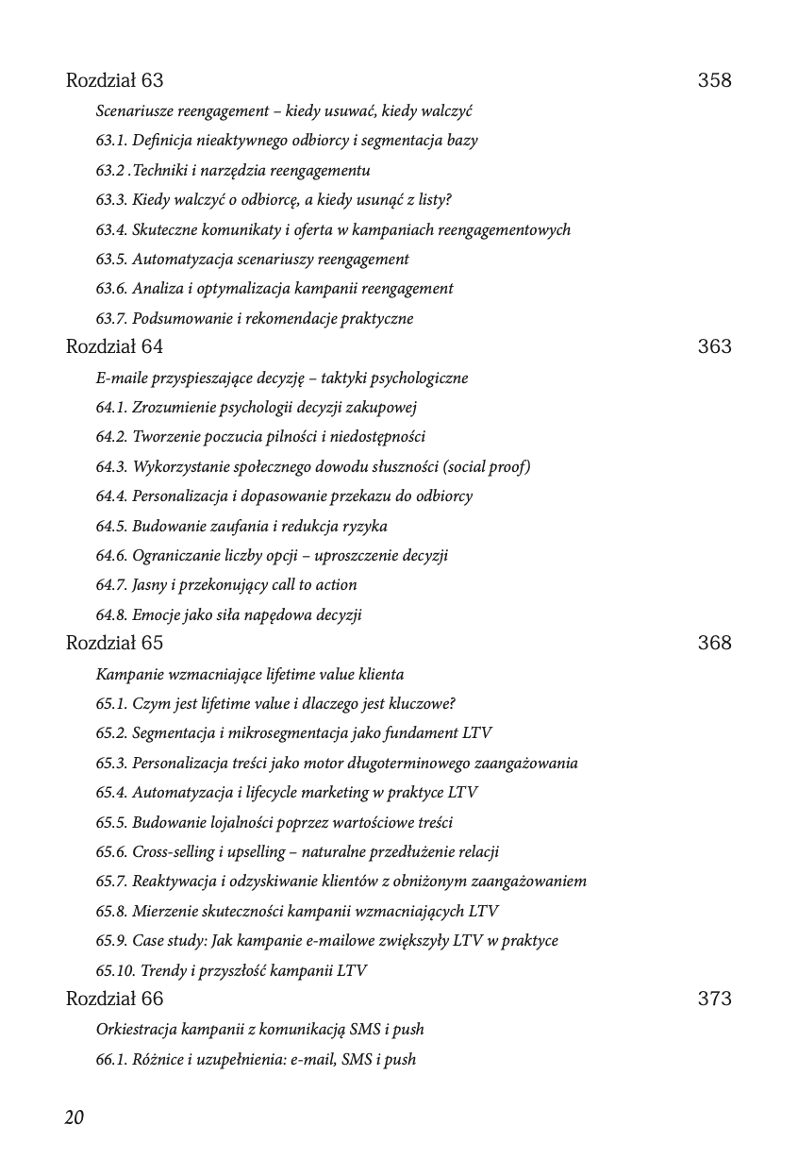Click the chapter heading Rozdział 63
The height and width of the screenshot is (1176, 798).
point(114,80)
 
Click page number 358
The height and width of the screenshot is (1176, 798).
point(714,80)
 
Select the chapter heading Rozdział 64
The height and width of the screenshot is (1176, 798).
point(114,346)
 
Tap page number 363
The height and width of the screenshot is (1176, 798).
point(714,346)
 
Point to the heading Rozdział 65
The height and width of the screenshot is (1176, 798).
point(114,643)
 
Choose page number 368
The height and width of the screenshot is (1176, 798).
point(714,643)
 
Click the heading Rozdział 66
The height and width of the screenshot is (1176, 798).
point(114,999)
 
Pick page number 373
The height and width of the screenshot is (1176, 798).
point(714,999)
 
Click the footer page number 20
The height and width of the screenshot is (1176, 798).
point(75,1117)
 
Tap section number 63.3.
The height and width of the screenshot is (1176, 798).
point(111,200)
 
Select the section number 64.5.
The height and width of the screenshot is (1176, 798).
point(111,526)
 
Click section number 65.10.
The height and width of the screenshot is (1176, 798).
point(115,970)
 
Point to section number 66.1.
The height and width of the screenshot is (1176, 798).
point(111,1059)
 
